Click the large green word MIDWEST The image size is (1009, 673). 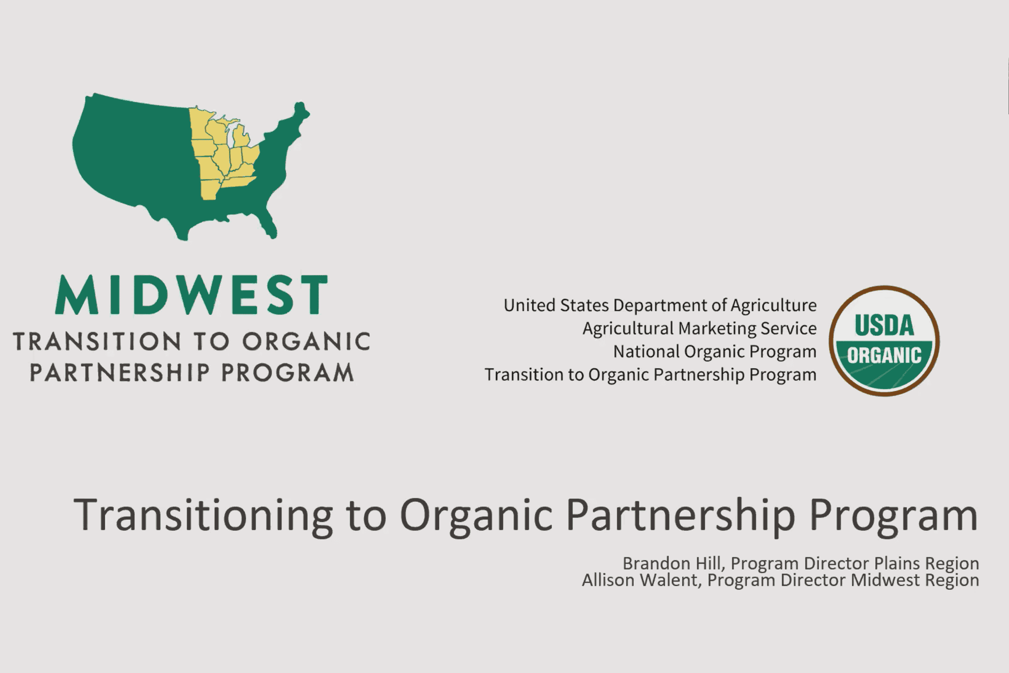coord(191,295)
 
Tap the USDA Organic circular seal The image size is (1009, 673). coord(884,340)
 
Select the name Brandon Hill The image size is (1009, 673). coord(672,563)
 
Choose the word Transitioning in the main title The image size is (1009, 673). coord(203,515)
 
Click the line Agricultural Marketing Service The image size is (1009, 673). coord(699,328)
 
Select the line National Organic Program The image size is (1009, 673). coord(715,352)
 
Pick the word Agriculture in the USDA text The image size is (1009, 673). coord(773,306)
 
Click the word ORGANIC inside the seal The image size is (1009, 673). coord(884,355)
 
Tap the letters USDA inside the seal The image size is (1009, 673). coord(884,325)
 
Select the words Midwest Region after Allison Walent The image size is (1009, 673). coord(915,580)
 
